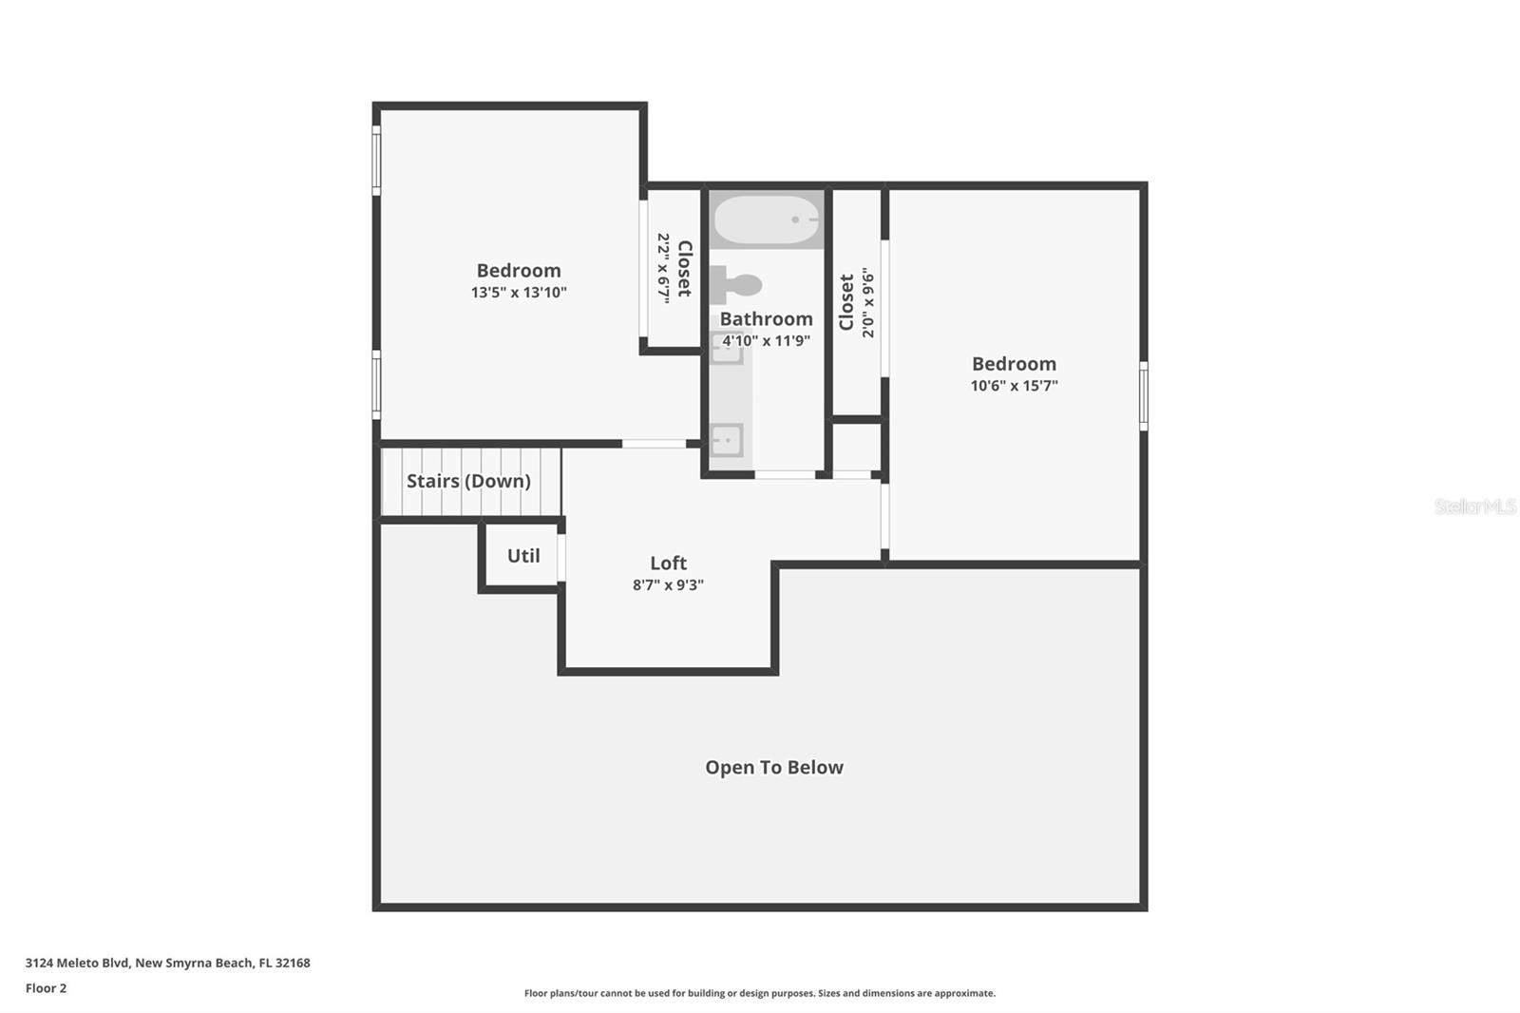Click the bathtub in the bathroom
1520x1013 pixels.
(766, 220)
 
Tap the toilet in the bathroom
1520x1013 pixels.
(737, 285)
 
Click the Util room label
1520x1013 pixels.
(523, 556)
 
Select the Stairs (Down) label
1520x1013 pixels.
(468, 481)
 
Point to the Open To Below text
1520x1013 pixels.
(773, 768)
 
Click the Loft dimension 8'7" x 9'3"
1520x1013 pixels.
(668, 585)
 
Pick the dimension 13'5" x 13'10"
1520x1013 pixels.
(519, 293)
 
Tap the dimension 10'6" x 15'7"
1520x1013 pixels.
(1014, 386)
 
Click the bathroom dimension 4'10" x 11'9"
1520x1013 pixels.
(766, 341)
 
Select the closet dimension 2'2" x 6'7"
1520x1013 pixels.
(663, 268)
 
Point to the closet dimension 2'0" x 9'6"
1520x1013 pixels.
(867, 303)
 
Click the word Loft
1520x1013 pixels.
(668, 563)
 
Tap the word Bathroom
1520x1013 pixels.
(766, 319)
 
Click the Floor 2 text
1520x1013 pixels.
(46, 988)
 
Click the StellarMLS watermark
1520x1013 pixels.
(1474, 506)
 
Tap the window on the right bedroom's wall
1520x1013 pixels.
(1143, 395)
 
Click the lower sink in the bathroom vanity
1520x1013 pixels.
(728, 440)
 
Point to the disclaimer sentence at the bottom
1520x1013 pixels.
(759, 993)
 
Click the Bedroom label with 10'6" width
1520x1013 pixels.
(1014, 364)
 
